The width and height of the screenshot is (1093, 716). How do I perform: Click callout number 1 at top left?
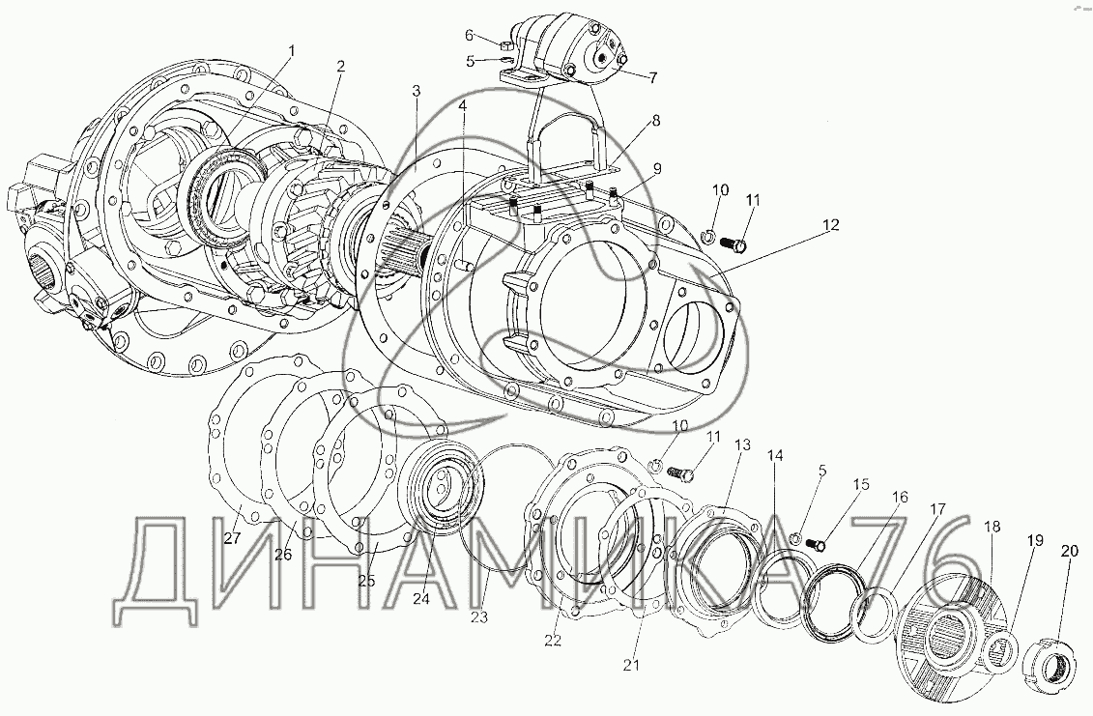292,50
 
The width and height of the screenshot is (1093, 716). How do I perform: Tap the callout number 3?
416,90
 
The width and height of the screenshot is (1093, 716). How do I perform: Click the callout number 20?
1068,552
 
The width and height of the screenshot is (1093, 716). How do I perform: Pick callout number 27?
232,538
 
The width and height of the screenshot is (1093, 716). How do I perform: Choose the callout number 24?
420,598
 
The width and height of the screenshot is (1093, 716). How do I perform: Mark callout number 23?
480,616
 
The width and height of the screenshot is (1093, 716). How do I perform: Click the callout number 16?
900,497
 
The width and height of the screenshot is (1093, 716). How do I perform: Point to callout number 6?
470,36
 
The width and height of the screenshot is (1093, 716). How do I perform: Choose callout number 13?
742,444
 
